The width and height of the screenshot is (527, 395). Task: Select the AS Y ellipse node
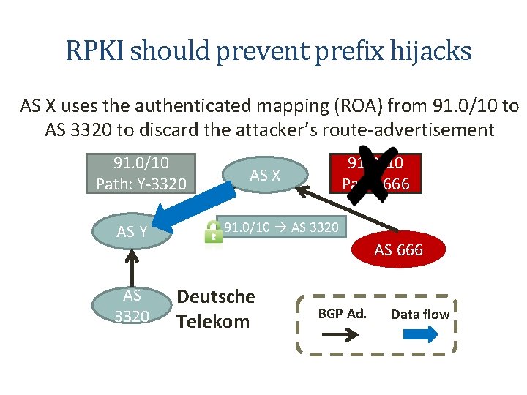(132, 232)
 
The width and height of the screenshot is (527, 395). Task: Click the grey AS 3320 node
(132, 305)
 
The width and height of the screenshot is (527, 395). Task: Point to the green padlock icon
(214, 232)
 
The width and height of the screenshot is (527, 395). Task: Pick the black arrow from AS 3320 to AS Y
(132, 266)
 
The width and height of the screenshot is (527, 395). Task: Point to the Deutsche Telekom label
(216, 309)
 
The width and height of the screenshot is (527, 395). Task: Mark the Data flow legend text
(420, 314)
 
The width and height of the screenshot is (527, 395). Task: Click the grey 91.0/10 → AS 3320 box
(281, 227)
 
